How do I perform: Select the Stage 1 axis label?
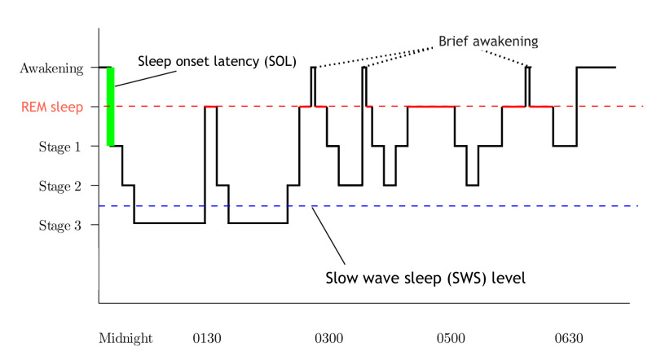pos(60,147)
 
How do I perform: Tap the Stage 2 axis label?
pos(60,186)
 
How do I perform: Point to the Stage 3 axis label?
pos(60,225)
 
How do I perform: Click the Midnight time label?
pos(126,337)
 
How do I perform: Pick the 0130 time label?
pos(207,337)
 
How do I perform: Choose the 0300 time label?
pos(328,337)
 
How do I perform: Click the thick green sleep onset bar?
pos(111,107)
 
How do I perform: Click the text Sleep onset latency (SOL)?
pos(217,61)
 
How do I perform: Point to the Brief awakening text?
pos(487,40)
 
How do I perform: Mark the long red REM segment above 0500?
pos(430,106)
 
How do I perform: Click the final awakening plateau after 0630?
pos(596,68)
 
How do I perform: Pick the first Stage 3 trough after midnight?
pos(169,223)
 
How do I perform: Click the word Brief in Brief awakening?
pos(456,40)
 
